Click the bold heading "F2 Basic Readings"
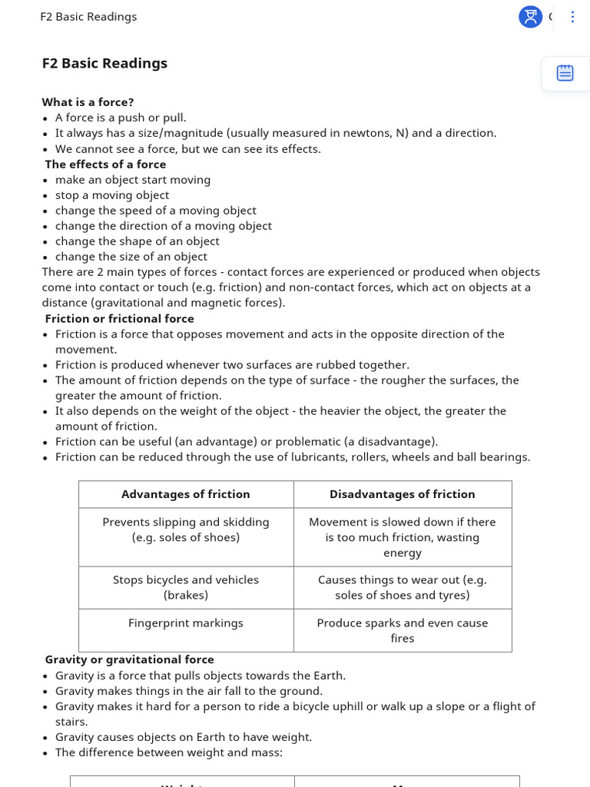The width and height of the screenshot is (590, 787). (x=104, y=64)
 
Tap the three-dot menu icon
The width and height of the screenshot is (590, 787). (x=572, y=17)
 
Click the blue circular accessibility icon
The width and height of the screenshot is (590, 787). (x=530, y=17)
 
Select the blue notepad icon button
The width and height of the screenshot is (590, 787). (x=565, y=73)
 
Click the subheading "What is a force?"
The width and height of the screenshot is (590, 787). (x=88, y=102)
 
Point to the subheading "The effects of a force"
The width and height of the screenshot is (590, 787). (x=105, y=164)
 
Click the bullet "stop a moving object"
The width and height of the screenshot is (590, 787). (x=112, y=195)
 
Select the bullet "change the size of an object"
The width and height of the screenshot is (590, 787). (x=131, y=257)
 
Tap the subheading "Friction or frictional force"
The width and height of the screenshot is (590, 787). (x=119, y=319)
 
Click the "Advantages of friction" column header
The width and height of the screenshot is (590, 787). (x=186, y=494)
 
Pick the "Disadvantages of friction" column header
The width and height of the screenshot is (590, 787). (x=403, y=494)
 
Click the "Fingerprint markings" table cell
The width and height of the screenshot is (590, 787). (x=186, y=623)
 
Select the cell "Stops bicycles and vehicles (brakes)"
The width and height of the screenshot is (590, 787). (x=186, y=587)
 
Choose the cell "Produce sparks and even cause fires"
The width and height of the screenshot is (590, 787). (x=403, y=630)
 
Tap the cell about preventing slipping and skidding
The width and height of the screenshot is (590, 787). (x=186, y=530)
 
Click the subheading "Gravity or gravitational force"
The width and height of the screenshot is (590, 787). (x=129, y=659)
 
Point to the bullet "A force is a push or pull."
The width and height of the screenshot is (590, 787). (x=121, y=118)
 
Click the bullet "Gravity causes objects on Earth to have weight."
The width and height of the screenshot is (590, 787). (x=184, y=737)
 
